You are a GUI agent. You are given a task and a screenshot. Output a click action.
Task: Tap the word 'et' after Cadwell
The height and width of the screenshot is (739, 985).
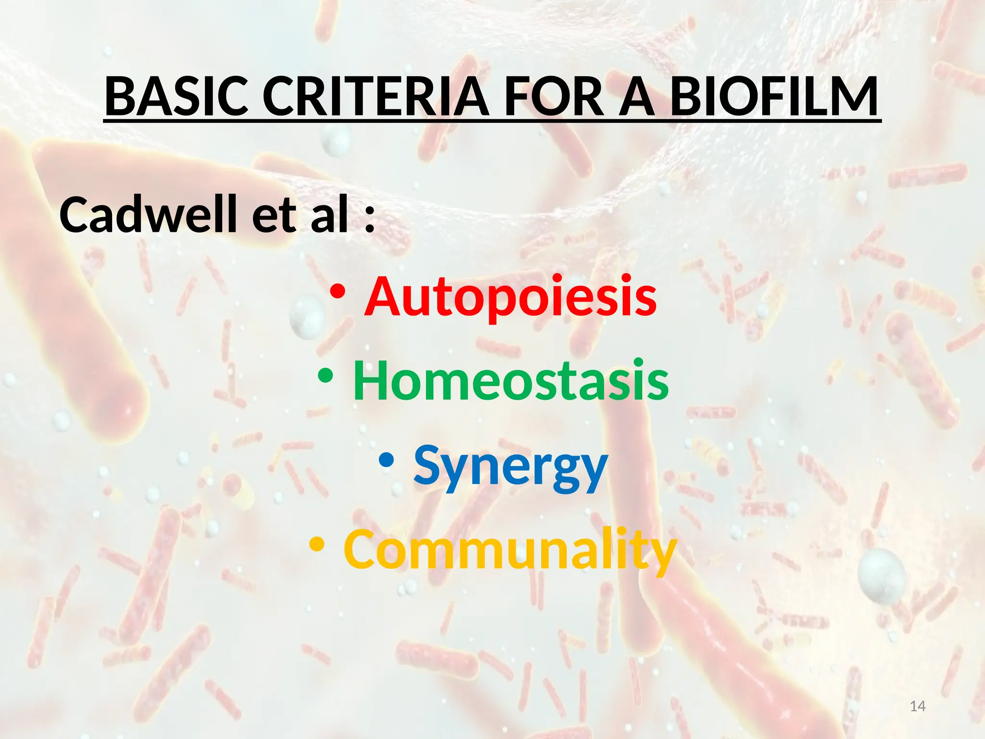(274, 216)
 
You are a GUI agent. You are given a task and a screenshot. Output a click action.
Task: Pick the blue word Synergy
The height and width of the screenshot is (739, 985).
(511, 466)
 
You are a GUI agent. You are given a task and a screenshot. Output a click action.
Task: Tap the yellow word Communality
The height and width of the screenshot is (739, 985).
(510, 549)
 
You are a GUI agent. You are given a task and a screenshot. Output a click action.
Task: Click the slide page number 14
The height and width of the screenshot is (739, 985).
(918, 706)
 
